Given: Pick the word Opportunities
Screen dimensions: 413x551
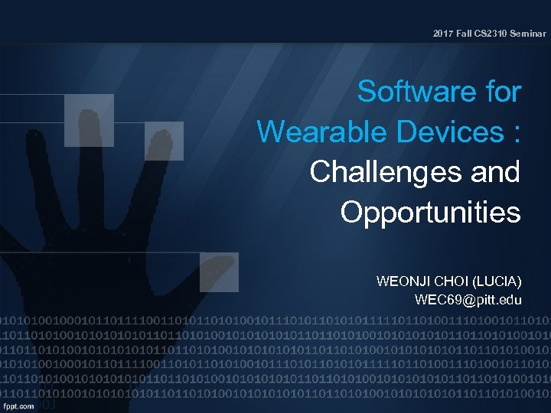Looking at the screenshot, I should pyautogui.click(x=430, y=212).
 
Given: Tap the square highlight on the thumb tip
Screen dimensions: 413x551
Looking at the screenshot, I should pyautogui.click(x=219, y=272).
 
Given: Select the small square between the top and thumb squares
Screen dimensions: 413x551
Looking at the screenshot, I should pyautogui.click(x=165, y=140).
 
